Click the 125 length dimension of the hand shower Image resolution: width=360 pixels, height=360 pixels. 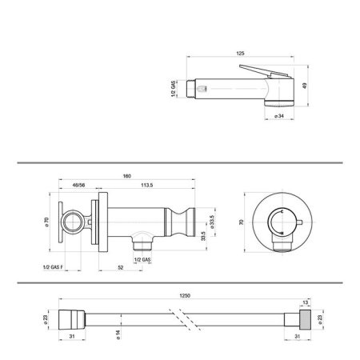(240, 54)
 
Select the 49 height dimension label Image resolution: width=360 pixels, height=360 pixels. (305, 85)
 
